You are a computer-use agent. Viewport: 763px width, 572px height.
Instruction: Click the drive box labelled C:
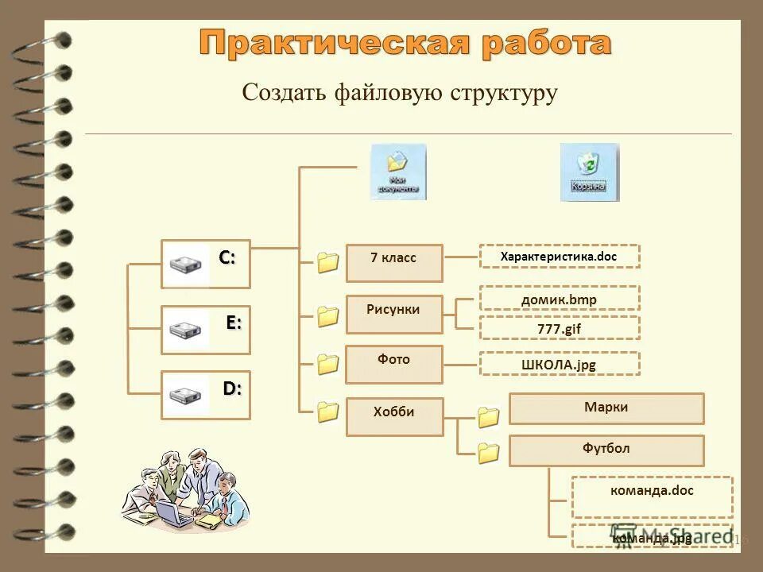click(x=205, y=264)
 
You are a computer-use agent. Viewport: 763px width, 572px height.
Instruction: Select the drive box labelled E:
click(x=205, y=330)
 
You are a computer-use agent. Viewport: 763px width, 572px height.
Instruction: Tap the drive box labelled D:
click(x=205, y=395)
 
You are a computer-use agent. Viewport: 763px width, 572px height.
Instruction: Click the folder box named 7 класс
click(x=394, y=263)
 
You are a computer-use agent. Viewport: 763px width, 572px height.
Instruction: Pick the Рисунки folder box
click(x=394, y=314)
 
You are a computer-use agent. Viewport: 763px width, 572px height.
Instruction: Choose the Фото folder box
click(x=394, y=365)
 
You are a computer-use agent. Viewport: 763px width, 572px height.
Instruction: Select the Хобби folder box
click(x=394, y=416)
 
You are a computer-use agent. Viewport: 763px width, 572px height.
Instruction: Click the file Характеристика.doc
click(x=559, y=257)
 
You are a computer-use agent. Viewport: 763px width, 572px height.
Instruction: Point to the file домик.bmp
click(x=559, y=298)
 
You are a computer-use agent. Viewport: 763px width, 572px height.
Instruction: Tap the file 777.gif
click(x=559, y=327)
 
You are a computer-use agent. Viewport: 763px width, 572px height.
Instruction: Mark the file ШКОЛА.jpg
click(x=559, y=364)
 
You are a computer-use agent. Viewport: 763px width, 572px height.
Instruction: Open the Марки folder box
click(x=606, y=408)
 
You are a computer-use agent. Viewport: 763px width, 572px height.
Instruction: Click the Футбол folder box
click(x=606, y=450)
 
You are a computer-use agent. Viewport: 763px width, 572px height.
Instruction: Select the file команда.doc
click(x=652, y=497)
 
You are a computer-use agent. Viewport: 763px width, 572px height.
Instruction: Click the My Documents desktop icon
click(x=397, y=171)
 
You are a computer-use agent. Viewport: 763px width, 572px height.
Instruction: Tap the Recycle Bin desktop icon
click(x=588, y=172)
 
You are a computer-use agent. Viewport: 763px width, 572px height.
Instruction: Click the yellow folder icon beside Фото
click(x=327, y=364)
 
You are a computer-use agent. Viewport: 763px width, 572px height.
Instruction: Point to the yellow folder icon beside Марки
click(x=488, y=417)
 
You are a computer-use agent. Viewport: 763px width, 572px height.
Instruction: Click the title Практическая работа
click(x=405, y=43)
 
